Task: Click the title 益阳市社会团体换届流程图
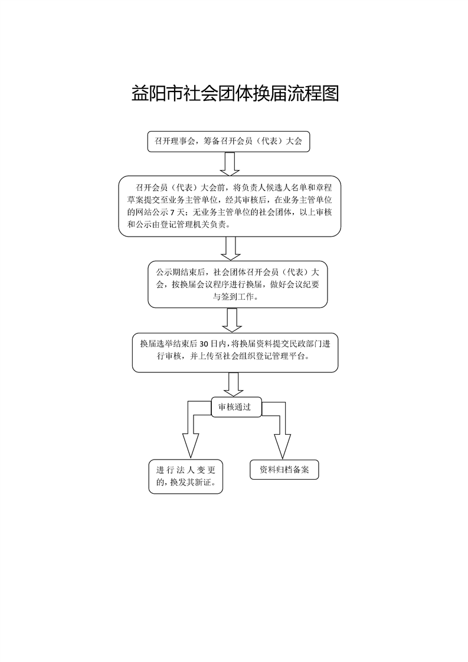(235, 94)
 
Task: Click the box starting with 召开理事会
(228, 142)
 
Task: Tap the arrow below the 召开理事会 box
(228, 163)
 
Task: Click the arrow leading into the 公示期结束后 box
(230, 248)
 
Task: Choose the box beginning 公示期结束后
(237, 284)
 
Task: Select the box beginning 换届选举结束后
(235, 352)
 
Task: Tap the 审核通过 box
(235, 407)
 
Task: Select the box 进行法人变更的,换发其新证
(185, 476)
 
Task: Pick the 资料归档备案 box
(284, 470)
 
